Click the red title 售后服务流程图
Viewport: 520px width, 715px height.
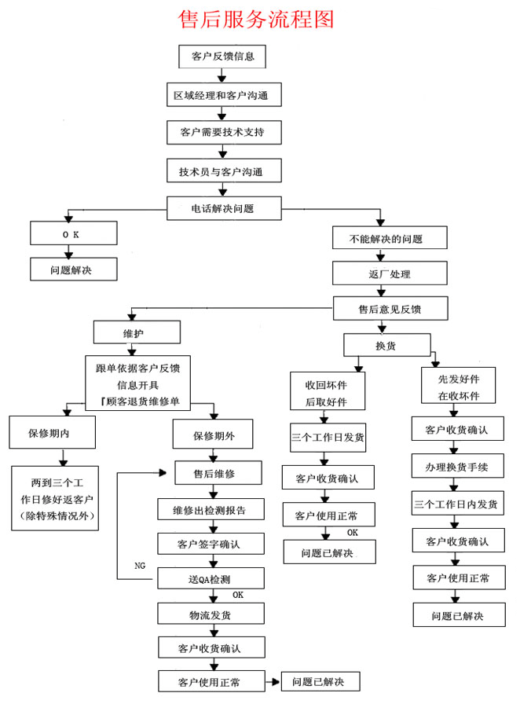[255, 20]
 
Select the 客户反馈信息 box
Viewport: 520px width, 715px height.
[222, 57]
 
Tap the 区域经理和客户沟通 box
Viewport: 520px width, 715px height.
[224, 95]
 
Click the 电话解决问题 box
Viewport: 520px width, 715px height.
[224, 208]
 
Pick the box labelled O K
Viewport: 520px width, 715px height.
[73, 233]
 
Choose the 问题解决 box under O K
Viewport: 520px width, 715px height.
[73, 269]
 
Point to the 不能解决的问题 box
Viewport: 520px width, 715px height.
[389, 237]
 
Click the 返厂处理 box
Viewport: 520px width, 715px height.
[389, 273]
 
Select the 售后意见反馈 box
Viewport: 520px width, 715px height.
[390, 308]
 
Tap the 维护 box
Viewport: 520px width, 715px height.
[137, 332]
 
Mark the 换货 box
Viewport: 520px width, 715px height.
[387, 345]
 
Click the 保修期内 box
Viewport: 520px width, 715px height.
[52, 432]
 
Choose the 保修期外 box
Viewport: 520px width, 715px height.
[212, 434]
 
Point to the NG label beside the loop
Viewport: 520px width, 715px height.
[140, 566]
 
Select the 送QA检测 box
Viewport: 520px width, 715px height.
[211, 578]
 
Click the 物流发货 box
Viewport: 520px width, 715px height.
[211, 614]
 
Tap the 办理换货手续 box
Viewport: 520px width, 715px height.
[458, 466]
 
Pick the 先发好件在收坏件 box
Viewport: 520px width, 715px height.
[458, 385]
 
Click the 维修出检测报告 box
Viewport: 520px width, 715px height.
[211, 509]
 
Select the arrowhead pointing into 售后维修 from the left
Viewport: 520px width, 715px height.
[163, 473]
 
